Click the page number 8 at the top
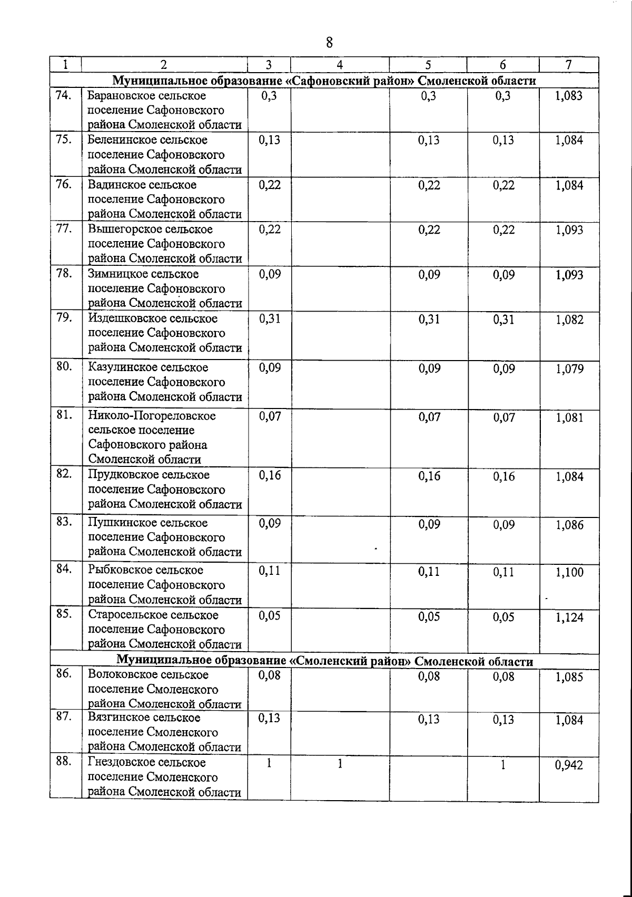[329, 42]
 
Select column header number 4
[340, 65]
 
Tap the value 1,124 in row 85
[569, 617]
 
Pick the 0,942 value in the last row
[569, 765]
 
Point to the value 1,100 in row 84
[569, 572]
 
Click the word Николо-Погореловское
[152, 416]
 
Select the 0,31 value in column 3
[270, 318]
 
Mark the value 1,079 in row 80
[569, 368]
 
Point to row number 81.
[64, 415]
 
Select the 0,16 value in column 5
[429, 476]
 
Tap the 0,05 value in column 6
[503, 617]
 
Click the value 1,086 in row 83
[569, 525]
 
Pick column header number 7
[568, 65]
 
